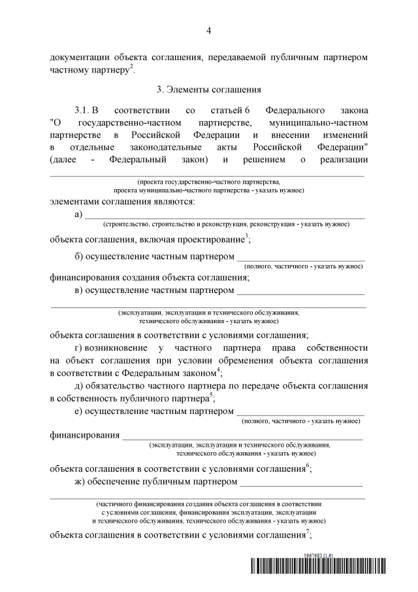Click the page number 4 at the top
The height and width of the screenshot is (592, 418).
[x=208, y=30]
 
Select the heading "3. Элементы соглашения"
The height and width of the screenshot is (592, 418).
[x=208, y=88]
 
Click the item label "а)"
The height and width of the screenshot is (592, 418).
[x=80, y=214]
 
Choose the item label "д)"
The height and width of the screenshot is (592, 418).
[x=80, y=385]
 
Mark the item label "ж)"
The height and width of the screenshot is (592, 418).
[x=80, y=482]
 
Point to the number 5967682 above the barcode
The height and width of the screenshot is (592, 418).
[x=317, y=554]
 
